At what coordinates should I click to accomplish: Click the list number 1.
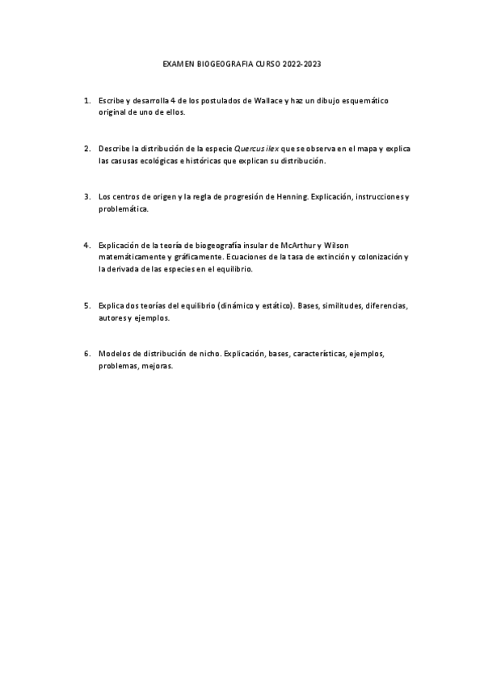86,101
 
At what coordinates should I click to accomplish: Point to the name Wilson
335,245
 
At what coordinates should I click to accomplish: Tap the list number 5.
86,305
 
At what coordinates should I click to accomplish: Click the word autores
112,317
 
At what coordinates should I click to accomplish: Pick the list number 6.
86,354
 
